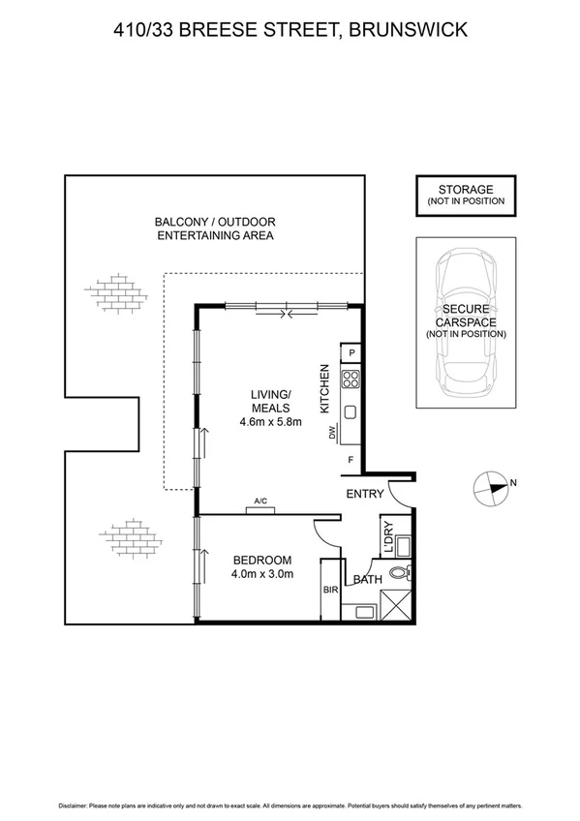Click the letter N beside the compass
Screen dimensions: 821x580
pos(513,483)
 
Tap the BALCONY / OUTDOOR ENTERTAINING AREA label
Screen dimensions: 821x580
pos(215,228)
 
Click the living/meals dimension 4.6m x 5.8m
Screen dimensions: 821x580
pos(270,421)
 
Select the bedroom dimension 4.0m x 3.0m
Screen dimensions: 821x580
pos(262,574)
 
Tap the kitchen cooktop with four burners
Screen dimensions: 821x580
pos(351,379)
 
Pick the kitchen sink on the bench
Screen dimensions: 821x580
pos(351,410)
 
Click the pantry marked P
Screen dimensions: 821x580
pos(352,354)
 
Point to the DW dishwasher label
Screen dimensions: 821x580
pos(332,433)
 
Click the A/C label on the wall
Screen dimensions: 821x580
pos(260,501)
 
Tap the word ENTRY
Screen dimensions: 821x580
pos(365,494)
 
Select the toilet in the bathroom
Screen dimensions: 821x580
pos(400,575)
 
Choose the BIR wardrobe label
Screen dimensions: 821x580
pos(329,589)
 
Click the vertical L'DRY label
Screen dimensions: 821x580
pos(386,538)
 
